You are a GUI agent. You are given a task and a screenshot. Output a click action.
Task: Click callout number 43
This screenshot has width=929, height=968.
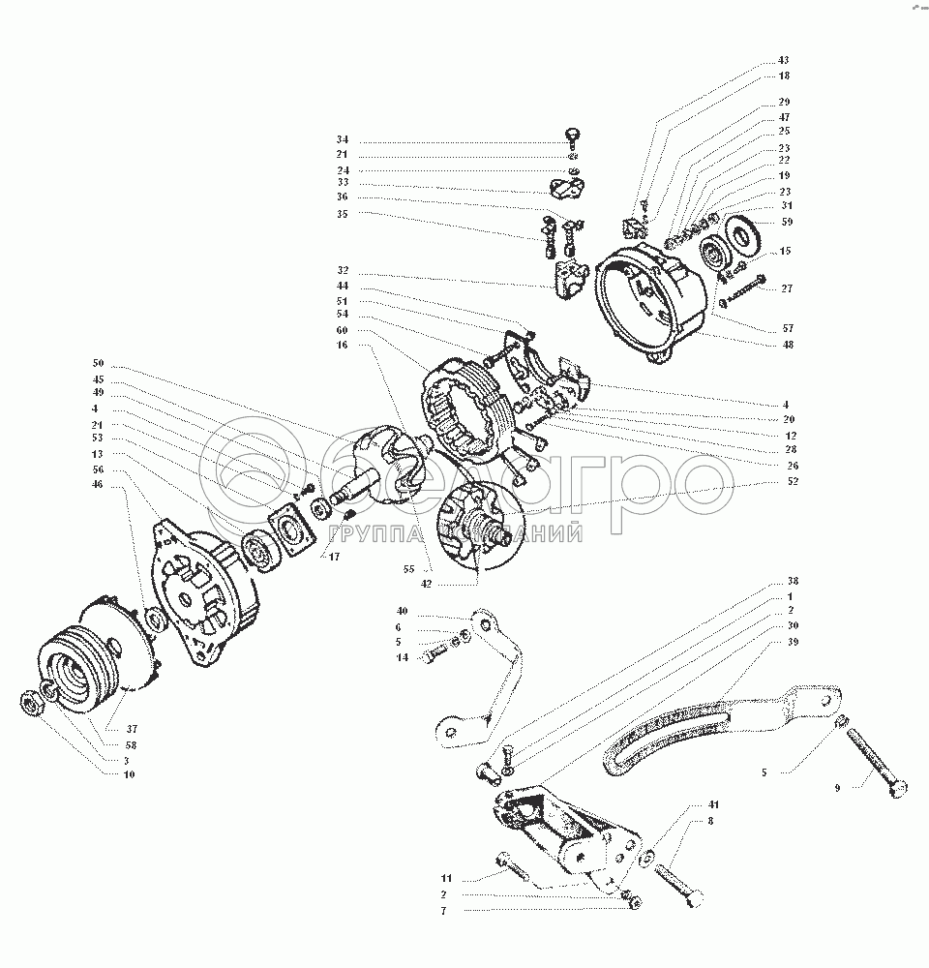pos(783,61)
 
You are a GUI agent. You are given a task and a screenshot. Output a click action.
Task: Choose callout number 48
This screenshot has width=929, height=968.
pos(789,344)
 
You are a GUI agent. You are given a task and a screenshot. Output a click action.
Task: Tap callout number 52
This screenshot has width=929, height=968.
pos(793,480)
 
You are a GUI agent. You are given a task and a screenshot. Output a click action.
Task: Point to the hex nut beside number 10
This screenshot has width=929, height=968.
pos(32,704)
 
